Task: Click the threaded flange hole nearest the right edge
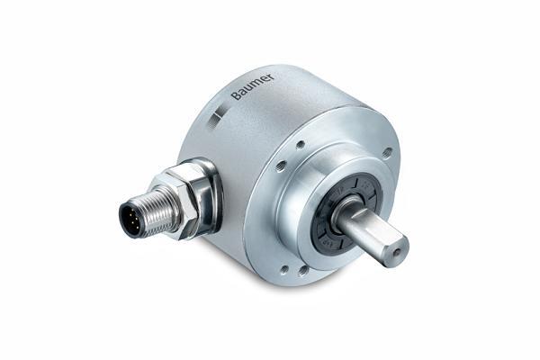pos(386,153)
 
